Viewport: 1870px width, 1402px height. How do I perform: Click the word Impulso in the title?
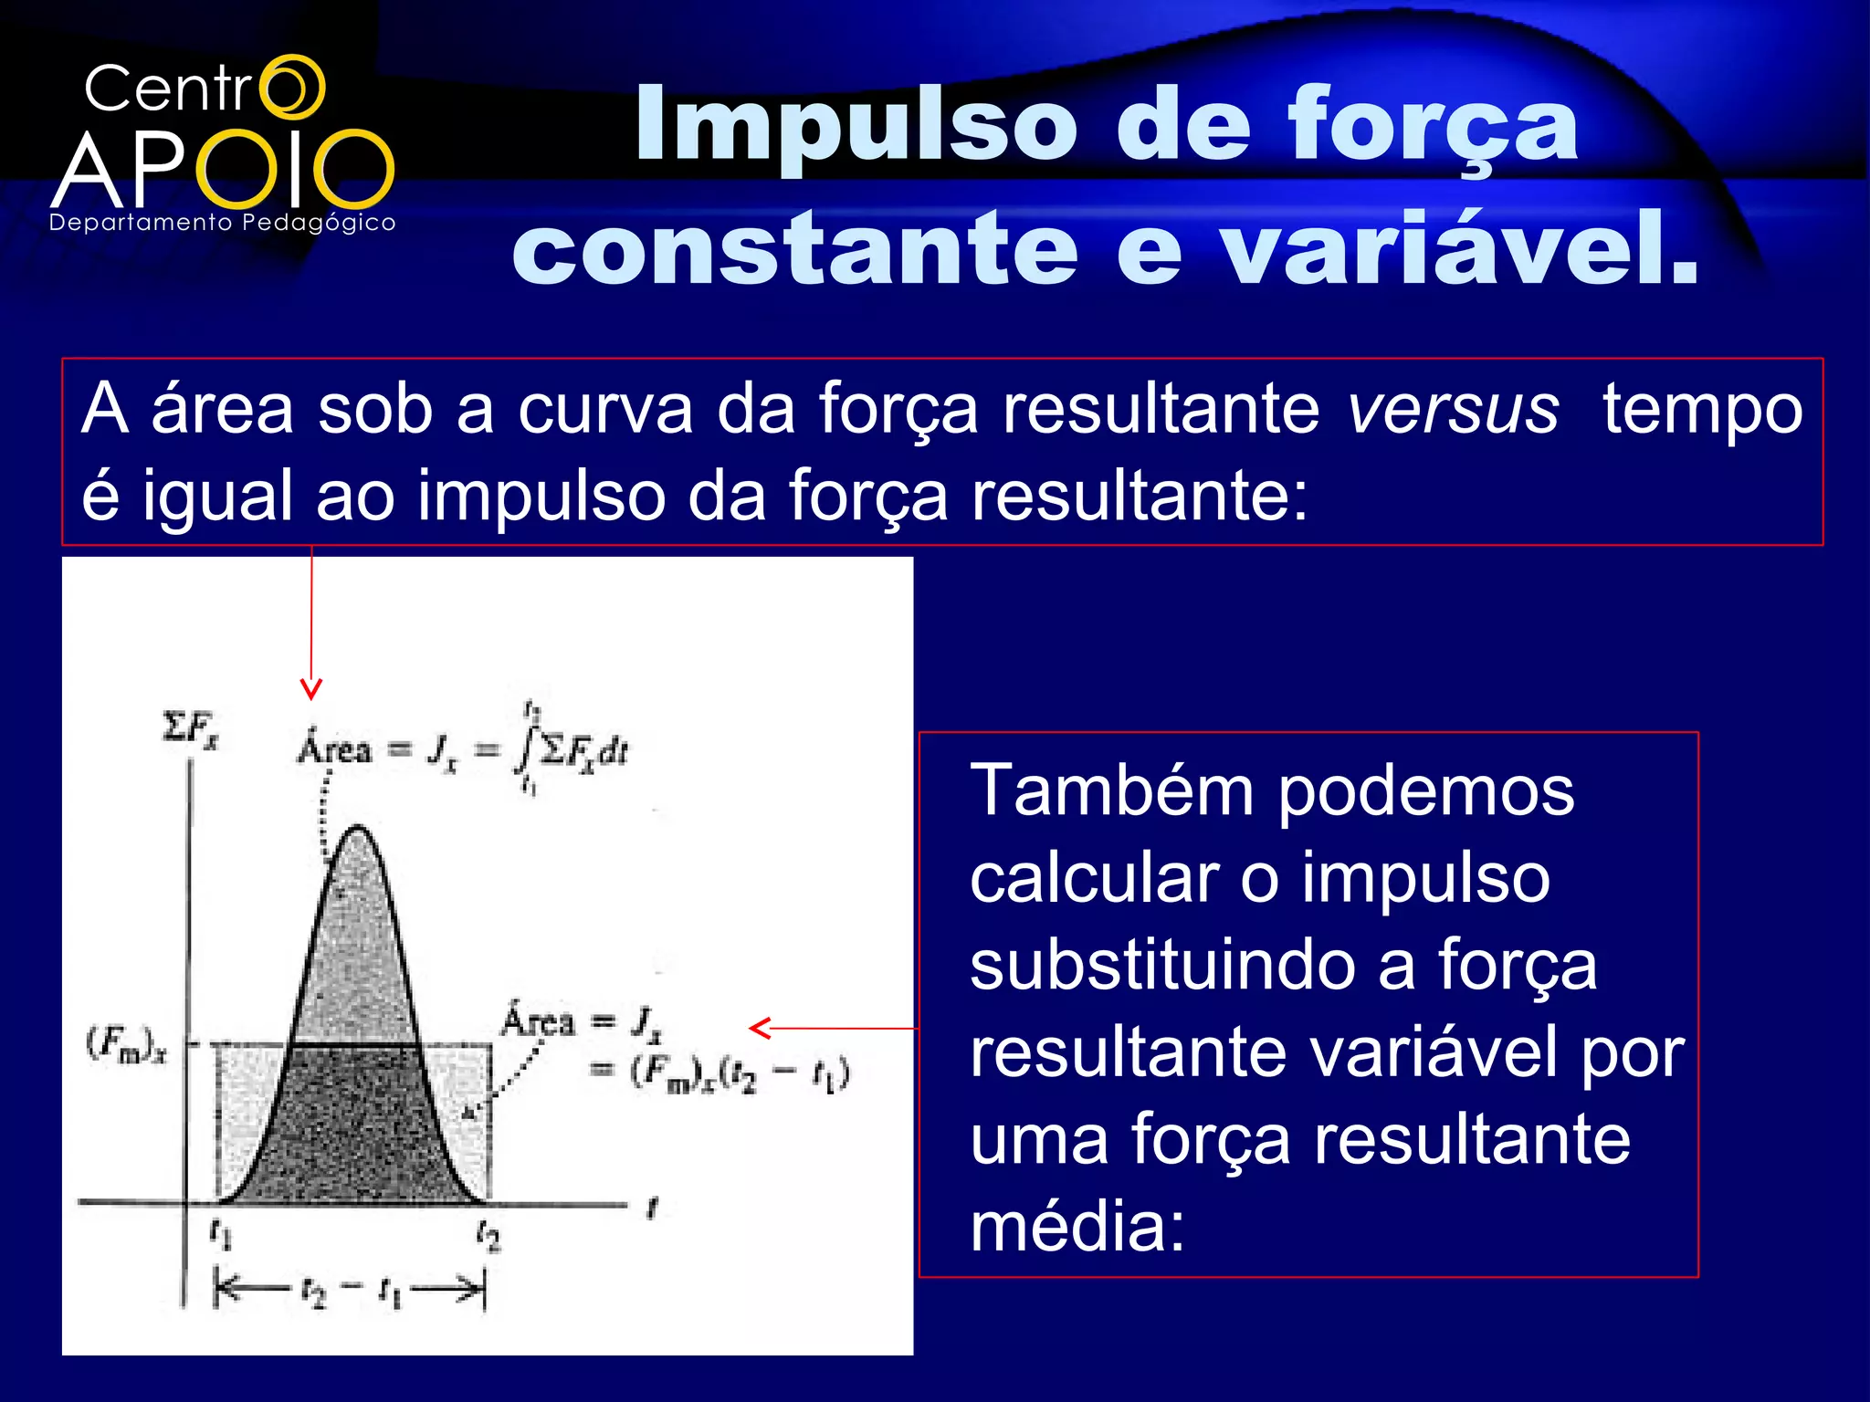[856, 125]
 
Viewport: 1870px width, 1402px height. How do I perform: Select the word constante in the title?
[794, 248]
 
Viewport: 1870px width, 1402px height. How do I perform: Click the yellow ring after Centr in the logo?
[292, 87]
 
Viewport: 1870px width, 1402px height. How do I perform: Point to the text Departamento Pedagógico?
[223, 223]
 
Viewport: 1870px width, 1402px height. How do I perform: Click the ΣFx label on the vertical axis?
[190, 730]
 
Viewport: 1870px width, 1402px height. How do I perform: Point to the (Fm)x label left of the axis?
[127, 1043]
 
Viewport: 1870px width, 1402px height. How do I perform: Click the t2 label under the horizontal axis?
[489, 1237]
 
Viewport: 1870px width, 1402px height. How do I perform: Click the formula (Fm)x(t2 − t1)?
[740, 1073]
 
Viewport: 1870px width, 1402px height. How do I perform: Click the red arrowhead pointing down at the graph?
[311, 689]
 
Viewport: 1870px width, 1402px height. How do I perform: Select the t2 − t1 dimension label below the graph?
[351, 1292]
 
